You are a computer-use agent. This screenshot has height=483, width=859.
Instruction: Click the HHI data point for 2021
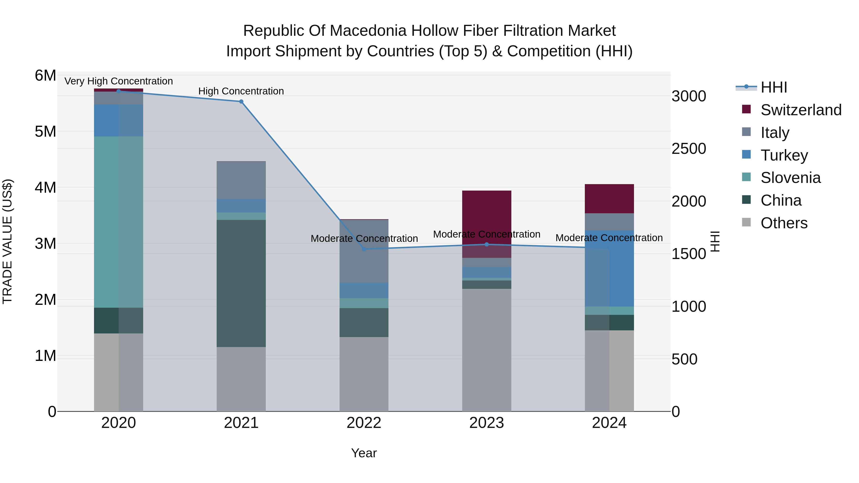241,102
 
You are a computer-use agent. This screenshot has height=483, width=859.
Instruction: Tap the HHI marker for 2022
364,249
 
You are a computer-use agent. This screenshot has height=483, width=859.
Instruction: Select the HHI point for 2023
487,244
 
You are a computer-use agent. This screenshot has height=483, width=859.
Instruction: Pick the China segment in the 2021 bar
241,283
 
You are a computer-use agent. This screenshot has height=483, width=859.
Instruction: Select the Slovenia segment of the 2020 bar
118,222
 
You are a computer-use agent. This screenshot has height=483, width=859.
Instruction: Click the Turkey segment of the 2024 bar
609,268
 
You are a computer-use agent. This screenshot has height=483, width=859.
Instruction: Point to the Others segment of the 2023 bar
487,350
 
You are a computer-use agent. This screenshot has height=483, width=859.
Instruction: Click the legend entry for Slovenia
790,178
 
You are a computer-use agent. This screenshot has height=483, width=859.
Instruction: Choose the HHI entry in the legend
774,87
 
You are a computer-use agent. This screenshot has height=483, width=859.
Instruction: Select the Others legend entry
784,223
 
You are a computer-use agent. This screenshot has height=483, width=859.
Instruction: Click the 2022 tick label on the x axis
364,423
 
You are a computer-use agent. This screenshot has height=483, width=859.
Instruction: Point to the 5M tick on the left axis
45,132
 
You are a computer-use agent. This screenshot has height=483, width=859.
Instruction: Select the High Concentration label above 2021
241,91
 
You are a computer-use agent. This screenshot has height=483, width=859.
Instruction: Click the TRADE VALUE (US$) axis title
7,241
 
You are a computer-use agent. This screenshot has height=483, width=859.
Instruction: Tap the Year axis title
364,453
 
